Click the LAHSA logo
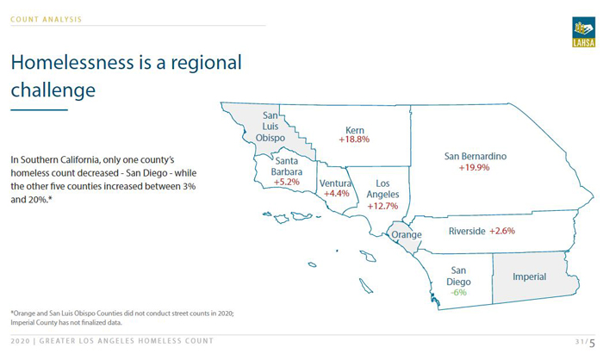[x=583, y=32]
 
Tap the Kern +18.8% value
[x=354, y=140]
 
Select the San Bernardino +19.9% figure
[x=474, y=168]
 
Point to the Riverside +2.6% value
[x=502, y=231]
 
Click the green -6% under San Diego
[x=458, y=293]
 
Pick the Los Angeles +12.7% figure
[x=382, y=206]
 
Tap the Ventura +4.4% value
[x=337, y=194]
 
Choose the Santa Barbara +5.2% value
[x=287, y=182]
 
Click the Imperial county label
[x=529, y=277]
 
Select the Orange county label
[x=406, y=234]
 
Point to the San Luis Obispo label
[x=270, y=127]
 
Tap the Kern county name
[x=355, y=130]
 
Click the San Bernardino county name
[x=476, y=157]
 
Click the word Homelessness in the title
[x=74, y=62]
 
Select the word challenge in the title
[x=53, y=90]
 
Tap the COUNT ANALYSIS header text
[x=47, y=19]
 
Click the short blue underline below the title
[x=40, y=110]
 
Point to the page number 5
[x=592, y=343]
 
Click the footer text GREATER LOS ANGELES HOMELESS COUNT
[x=126, y=341]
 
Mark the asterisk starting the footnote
[x=12, y=313]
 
